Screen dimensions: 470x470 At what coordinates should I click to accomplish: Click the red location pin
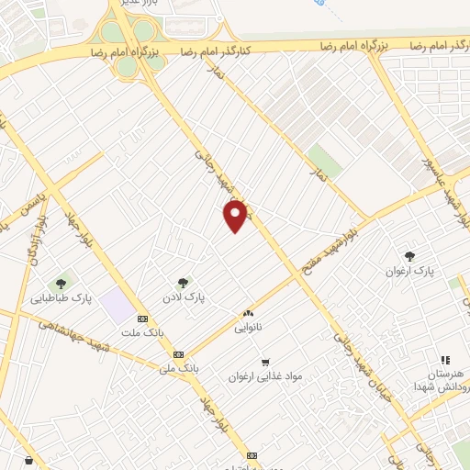tap(237, 216)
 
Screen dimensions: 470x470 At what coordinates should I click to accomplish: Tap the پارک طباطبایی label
tap(62, 298)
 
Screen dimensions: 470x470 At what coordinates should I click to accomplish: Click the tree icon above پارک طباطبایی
tap(62, 284)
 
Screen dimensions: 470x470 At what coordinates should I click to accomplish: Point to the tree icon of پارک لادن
tap(182, 283)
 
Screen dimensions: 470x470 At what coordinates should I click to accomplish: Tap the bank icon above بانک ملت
tap(142, 319)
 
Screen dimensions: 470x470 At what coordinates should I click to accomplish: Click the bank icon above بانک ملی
tap(178, 354)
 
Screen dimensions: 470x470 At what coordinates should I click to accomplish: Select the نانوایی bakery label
tap(248, 328)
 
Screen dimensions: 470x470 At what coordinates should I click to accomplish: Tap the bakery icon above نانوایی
tap(246, 313)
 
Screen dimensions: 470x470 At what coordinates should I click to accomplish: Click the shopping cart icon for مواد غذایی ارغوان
tap(265, 362)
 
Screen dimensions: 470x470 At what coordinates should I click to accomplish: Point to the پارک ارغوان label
tap(410, 271)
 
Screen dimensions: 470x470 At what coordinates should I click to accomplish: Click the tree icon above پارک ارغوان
tap(409, 256)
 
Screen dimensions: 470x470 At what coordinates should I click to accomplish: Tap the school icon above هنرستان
tap(445, 361)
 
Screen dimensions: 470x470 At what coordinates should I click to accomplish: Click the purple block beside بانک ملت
tap(117, 303)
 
